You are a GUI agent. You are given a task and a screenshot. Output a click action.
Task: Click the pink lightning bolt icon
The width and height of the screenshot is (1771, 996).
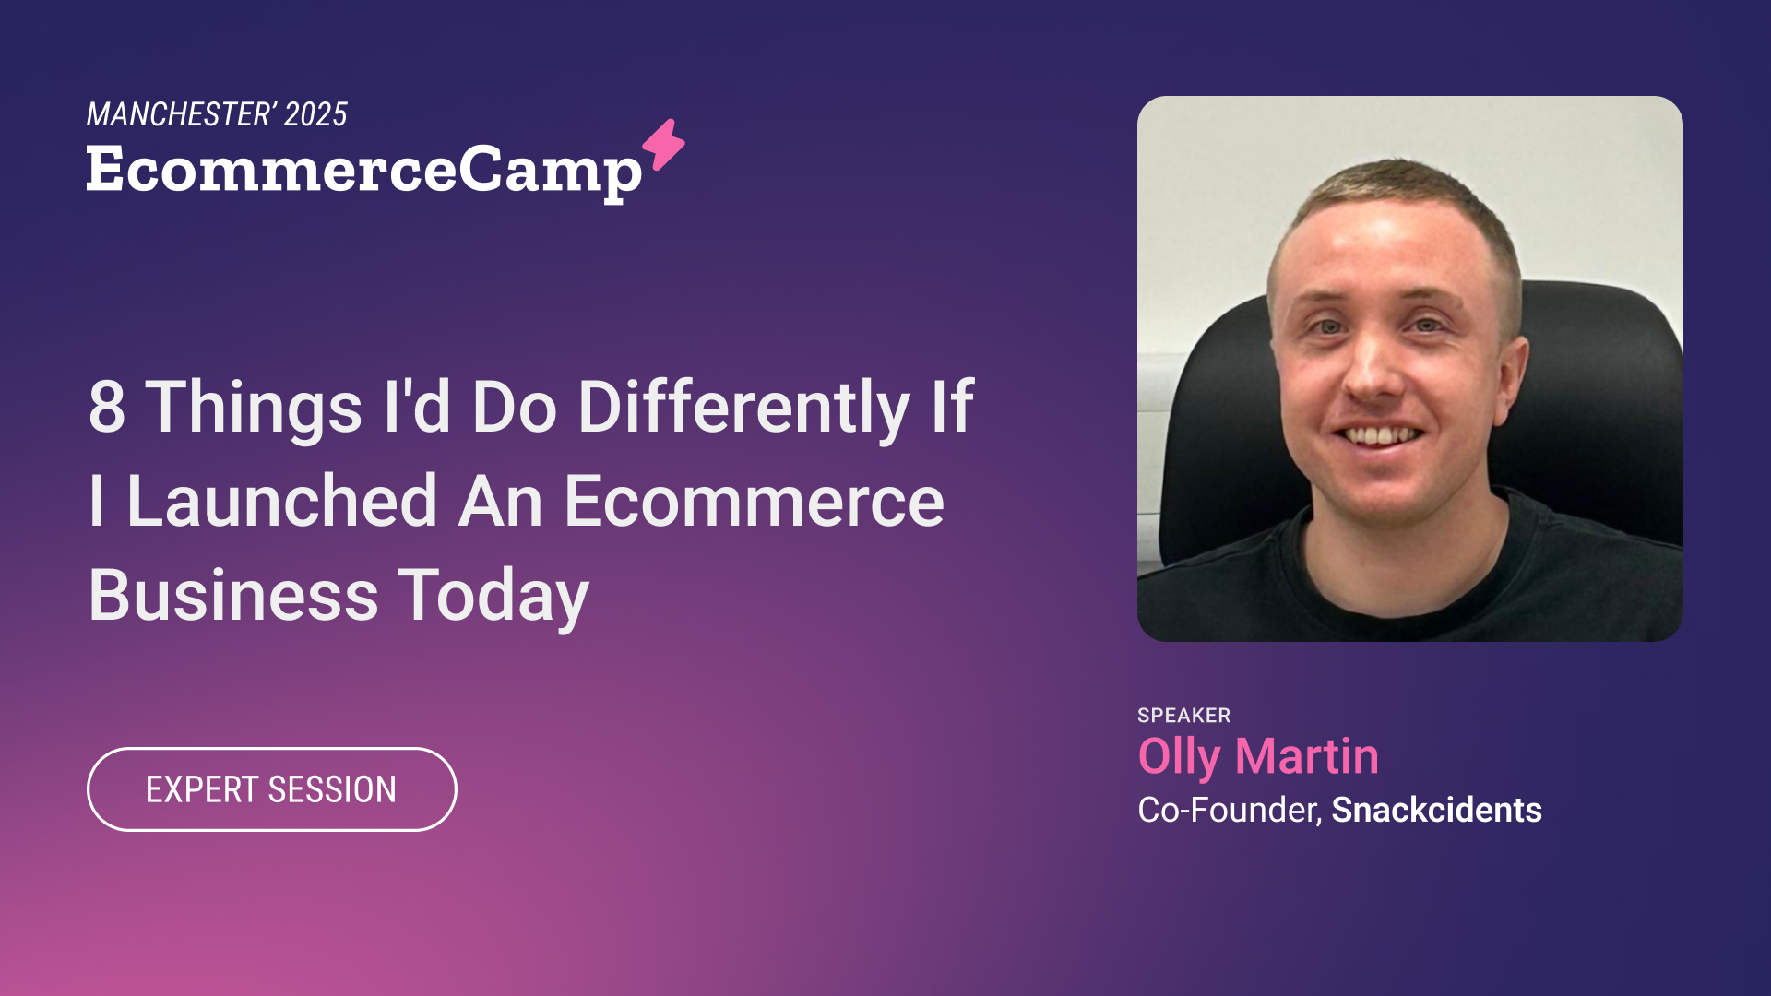tap(664, 145)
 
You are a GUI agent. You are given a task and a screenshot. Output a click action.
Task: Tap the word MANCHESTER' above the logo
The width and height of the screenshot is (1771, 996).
tap(181, 114)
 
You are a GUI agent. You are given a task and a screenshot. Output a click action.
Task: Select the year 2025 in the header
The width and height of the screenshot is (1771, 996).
tap(315, 114)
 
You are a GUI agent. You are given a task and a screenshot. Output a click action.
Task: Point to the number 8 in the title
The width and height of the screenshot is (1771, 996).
tap(107, 407)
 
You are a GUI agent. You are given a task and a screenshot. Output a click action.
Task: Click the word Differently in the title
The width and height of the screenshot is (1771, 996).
tap(744, 407)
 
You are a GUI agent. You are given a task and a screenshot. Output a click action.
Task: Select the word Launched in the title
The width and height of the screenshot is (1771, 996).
tap(282, 502)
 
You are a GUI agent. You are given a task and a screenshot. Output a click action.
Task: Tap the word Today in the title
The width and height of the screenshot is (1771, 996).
tap(493, 597)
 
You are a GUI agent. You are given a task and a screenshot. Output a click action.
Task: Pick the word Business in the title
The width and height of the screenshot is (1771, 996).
tap(233, 596)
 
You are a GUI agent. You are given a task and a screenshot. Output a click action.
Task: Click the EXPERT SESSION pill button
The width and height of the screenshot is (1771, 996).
tap(272, 789)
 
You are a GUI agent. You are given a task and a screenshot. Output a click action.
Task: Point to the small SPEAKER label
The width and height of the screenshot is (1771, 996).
tap(1184, 716)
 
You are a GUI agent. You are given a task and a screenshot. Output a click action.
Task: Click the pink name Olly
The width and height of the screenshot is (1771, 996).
tap(1180, 758)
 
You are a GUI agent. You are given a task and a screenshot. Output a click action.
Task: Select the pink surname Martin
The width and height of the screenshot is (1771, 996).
tap(1307, 756)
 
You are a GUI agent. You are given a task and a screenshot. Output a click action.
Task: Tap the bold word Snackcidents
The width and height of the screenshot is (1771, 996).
tap(1437, 810)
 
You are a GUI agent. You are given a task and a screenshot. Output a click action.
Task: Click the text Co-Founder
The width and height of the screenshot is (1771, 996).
tap(1230, 810)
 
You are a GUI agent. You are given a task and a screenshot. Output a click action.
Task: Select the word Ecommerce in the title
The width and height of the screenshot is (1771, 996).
tap(755, 502)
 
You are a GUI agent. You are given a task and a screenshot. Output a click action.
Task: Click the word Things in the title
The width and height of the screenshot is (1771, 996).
tap(255, 408)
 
